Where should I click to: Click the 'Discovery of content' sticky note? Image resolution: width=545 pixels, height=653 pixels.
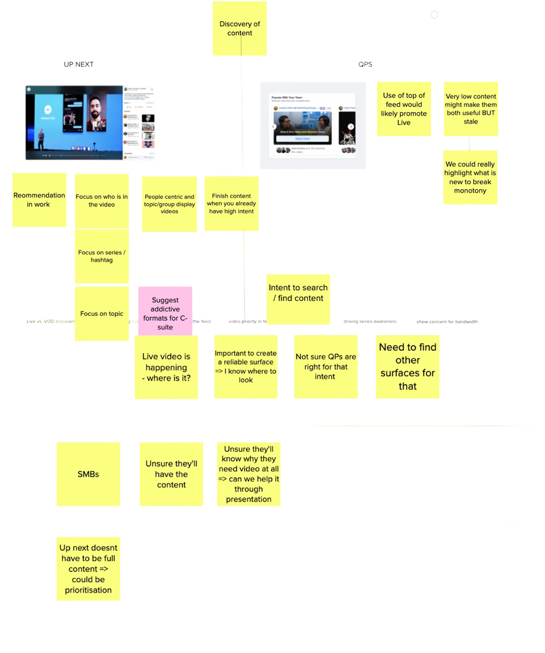click(x=240, y=29)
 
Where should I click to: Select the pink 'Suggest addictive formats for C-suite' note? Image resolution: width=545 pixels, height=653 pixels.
click(x=165, y=313)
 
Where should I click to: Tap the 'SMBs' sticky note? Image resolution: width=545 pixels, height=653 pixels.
click(x=88, y=474)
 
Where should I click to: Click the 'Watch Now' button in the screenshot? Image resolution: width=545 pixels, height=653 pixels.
click(x=302, y=139)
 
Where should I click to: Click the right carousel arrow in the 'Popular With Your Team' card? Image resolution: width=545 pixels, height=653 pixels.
click(x=351, y=127)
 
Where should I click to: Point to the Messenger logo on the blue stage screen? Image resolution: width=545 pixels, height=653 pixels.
click(x=48, y=110)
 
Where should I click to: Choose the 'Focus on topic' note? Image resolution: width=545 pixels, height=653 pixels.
click(x=101, y=313)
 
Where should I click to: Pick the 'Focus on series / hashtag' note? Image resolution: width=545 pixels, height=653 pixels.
click(x=101, y=256)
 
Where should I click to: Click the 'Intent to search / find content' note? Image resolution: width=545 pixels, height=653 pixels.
click(x=298, y=293)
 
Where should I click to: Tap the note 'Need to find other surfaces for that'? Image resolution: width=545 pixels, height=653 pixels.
click(x=408, y=367)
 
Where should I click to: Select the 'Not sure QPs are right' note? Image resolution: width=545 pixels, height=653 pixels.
click(x=326, y=367)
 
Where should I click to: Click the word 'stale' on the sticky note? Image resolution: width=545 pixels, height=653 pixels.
click(x=470, y=122)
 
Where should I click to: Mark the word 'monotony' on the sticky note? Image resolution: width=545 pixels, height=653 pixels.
click(x=470, y=191)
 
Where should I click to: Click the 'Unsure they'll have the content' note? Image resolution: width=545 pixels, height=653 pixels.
click(x=171, y=474)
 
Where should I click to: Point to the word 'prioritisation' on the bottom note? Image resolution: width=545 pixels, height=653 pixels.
click(x=88, y=590)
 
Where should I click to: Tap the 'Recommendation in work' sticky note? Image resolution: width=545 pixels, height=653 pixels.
click(x=39, y=200)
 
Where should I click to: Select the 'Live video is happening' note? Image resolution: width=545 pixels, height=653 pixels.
click(x=166, y=367)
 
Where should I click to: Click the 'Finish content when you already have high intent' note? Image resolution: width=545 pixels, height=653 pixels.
click(x=231, y=203)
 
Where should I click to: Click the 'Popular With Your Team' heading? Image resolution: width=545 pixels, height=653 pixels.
click(x=287, y=98)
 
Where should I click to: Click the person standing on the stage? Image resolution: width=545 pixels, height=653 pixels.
click(x=40, y=140)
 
